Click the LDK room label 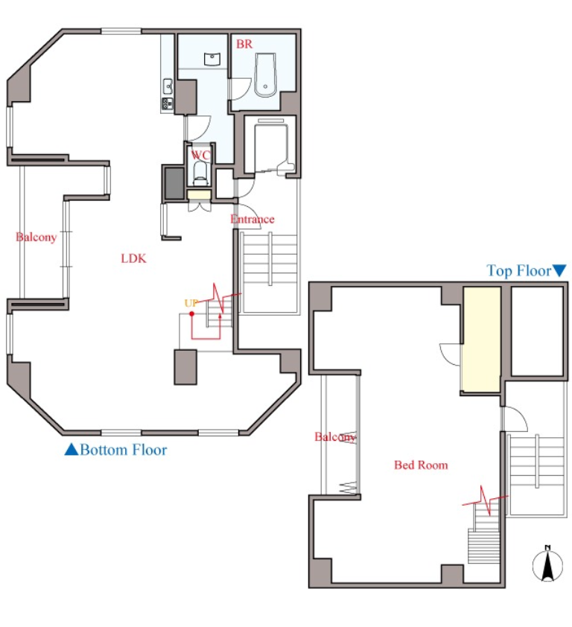pos(133,258)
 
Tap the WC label pos(200,155)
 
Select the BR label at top pos(244,44)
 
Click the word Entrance pos(252,219)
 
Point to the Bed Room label pos(421,465)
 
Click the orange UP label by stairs pos(191,303)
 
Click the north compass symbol pos(547,564)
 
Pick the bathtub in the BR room pos(265,75)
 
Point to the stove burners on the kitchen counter pos(167,104)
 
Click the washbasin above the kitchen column pos(212,59)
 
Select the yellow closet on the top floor pos(482,339)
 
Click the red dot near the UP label pos(192,314)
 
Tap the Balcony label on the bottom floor pos(36,237)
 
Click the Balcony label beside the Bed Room pos(335,436)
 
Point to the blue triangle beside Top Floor pos(559,271)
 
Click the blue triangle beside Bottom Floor pos(71,450)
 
